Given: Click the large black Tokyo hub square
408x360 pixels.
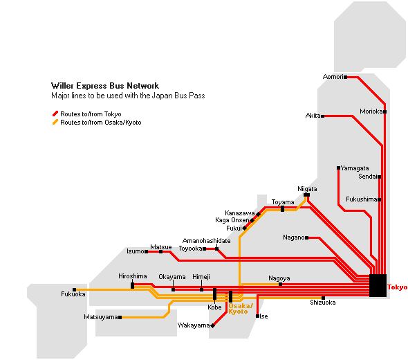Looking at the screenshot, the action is (x=378, y=285).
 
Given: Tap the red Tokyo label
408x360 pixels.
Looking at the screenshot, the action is (x=398, y=287).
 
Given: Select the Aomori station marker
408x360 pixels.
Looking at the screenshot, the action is (x=345, y=77).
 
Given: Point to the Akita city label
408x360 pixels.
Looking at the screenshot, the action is (x=313, y=116).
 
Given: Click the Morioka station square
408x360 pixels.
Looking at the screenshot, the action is (x=384, y=111).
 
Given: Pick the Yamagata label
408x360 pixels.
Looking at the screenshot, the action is (x=355, y=168).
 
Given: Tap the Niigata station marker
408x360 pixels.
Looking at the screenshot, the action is (x=307, y=195).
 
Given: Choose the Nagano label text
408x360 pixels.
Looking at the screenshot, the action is (x=294, y=237).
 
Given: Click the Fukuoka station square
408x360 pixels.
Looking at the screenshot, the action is (x=75, y=289).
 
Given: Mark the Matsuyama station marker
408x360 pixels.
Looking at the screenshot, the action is (x=120, y=317).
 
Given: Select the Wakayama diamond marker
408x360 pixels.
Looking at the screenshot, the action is (x=212, y=325).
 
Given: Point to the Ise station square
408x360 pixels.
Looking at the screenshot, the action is (x=258, y=316).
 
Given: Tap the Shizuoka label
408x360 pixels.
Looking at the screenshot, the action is (x=323, y=303).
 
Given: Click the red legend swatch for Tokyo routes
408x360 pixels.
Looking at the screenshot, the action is (x=55, y=114).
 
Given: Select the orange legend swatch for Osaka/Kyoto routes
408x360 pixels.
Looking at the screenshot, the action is (x=55, y=122).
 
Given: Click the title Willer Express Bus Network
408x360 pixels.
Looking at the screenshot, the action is (x=105, y=86).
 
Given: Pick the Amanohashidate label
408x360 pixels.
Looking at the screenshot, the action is (x=206, y=241).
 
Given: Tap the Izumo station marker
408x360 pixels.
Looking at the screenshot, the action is (x=146, y=251).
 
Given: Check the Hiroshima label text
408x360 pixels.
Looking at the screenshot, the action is (x=133, y=276).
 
